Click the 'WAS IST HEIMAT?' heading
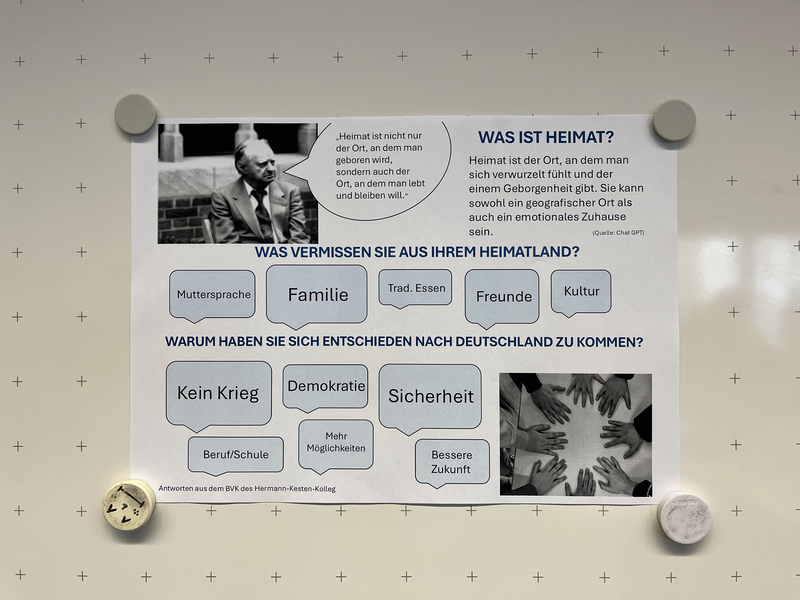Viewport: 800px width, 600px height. tap(546, 137)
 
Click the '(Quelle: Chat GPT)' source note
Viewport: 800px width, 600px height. tap(618, 233)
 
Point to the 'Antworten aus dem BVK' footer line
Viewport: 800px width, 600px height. tap(247, 489)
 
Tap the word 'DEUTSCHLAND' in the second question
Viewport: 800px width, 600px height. tap(504, 342)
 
